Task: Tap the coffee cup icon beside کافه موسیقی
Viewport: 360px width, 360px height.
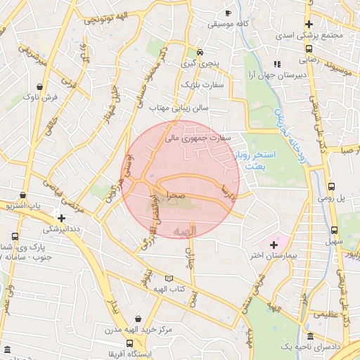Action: (x=228, y=13)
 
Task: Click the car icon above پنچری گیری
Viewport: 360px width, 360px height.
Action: (x=200, y=52)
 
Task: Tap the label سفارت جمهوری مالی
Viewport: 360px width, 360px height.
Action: (x=198, y=139)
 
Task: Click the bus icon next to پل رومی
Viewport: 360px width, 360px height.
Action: (x=331, y=187)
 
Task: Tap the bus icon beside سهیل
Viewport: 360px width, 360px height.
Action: (x=333, y=230)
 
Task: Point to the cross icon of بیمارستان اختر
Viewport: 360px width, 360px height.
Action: (x=274, y=244)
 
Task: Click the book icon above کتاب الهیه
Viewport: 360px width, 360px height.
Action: (x=168, y=278)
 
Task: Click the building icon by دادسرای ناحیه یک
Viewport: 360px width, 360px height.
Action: (x=311, y=337)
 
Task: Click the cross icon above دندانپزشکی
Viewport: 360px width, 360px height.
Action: (x=63, y=218)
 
